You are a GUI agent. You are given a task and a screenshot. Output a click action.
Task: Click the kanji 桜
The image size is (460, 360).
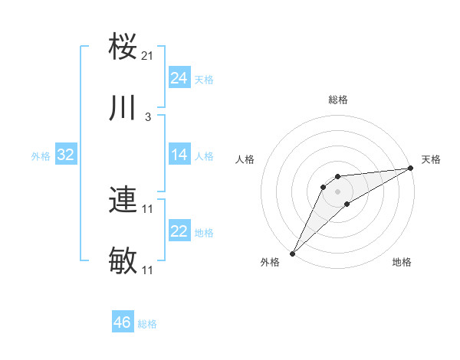(123, 47)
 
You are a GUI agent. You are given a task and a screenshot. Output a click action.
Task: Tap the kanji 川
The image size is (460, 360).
(123, 108)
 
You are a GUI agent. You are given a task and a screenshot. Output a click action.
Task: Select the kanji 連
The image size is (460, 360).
(123, 200)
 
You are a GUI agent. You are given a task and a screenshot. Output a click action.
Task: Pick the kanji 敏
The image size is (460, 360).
(123, 261)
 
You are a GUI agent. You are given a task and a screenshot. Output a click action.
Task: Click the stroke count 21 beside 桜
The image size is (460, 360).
(148, 56)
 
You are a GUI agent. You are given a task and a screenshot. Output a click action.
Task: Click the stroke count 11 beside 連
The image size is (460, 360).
(148, 209)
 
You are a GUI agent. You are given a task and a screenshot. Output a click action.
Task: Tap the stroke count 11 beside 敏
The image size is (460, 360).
(148, 270)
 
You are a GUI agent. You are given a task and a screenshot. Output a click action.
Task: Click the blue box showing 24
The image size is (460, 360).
(179, 78)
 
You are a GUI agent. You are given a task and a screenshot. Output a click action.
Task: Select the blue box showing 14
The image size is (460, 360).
(179, 155)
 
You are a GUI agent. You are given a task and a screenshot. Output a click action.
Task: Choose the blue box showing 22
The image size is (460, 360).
(179, 231)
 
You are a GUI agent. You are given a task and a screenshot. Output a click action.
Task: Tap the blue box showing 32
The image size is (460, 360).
(66, 155)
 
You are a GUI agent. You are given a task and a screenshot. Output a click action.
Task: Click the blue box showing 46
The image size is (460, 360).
(123, 322)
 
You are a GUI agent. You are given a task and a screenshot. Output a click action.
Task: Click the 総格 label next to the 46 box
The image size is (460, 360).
(147, 324)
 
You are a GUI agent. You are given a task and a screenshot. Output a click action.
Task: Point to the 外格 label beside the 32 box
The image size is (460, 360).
(41, 156)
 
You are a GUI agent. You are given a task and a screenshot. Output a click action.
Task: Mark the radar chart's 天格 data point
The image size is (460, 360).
(411, 168)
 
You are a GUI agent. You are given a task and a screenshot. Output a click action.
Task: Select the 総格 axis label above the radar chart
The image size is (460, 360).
(337, 100)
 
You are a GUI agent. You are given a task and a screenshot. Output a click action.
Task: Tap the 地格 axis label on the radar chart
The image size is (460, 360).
(402, 263)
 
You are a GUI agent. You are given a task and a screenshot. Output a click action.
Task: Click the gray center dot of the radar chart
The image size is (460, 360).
(337, 191)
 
